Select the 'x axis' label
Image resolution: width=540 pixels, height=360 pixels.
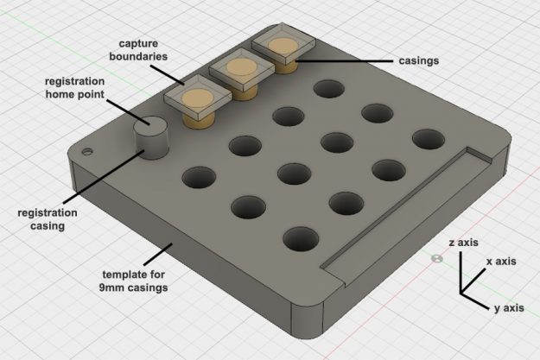(x=501, y=261)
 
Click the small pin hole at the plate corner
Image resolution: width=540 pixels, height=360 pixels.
(x=86, y=151)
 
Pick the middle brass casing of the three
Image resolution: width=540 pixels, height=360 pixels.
(x=239, y=72)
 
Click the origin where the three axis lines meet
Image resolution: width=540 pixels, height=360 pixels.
(x=461, y=294)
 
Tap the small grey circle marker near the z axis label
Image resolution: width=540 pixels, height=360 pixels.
(x=436, y=258)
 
